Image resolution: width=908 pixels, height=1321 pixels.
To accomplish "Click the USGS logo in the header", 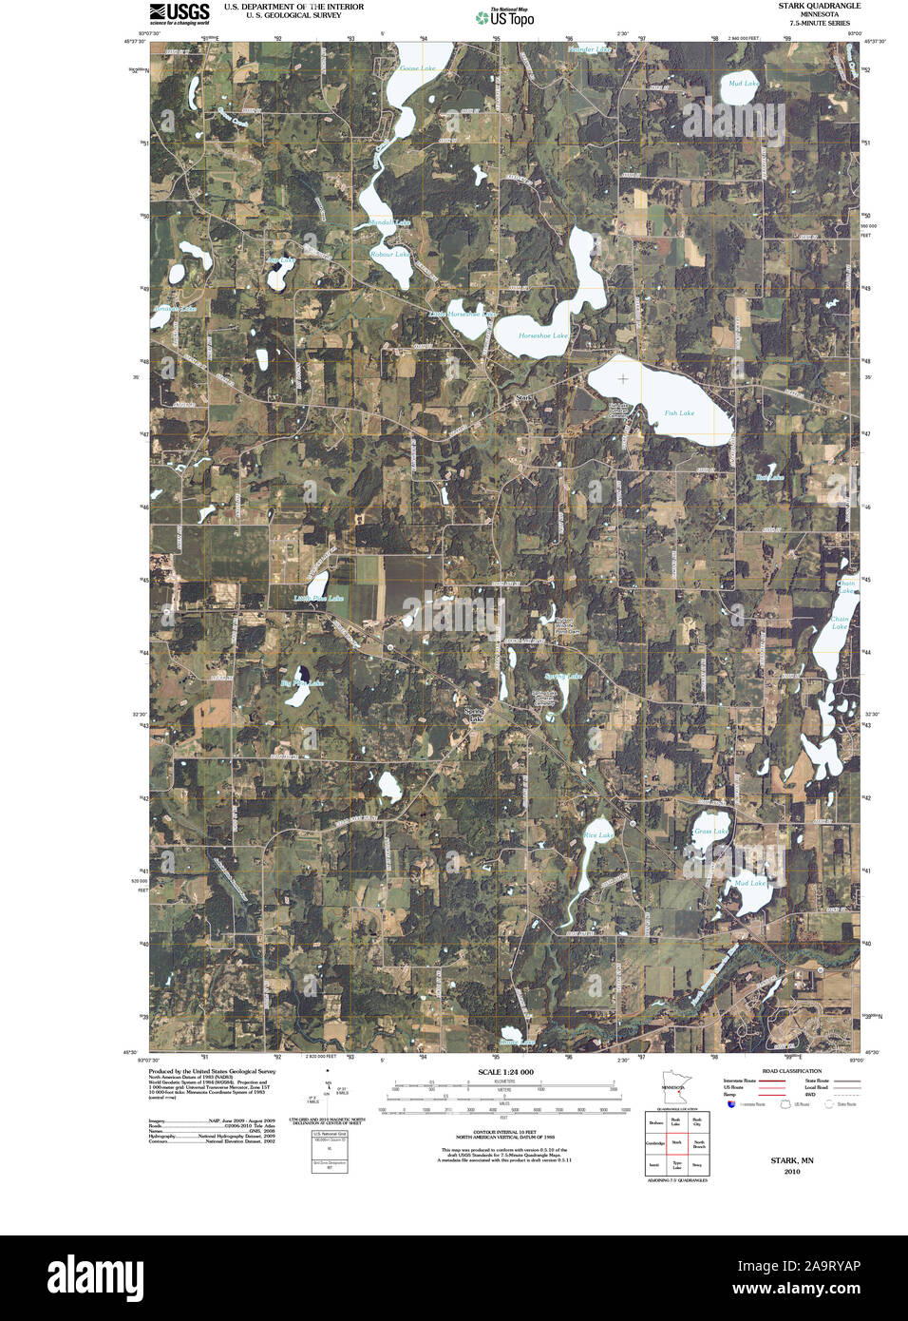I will point(179,12).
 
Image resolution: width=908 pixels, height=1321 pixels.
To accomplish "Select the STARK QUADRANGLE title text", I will point(819,6).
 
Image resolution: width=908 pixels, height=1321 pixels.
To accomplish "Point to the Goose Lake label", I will point(417,68).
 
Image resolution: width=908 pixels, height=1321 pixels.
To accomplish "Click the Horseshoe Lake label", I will point(543,335).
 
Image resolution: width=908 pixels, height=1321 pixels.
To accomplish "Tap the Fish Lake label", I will point(679,412).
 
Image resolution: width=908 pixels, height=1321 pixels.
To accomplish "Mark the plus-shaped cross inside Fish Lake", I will point(623,379).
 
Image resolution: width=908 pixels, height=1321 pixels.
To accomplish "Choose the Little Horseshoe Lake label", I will point(463,314).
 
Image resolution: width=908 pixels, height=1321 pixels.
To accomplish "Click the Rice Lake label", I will point(598,835).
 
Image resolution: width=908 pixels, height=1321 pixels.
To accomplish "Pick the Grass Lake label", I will point(710,832).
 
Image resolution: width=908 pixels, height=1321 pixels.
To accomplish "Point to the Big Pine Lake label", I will point(302,683).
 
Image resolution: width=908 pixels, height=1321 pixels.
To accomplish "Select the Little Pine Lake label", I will point(318,598).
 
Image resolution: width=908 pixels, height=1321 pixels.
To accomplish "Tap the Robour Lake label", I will point(389,255).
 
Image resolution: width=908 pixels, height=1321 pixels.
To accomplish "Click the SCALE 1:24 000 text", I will point(505,1072).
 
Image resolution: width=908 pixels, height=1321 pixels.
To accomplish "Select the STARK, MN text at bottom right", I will point(791,1160).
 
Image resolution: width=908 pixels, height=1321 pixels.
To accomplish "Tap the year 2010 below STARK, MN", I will point(792,1172).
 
